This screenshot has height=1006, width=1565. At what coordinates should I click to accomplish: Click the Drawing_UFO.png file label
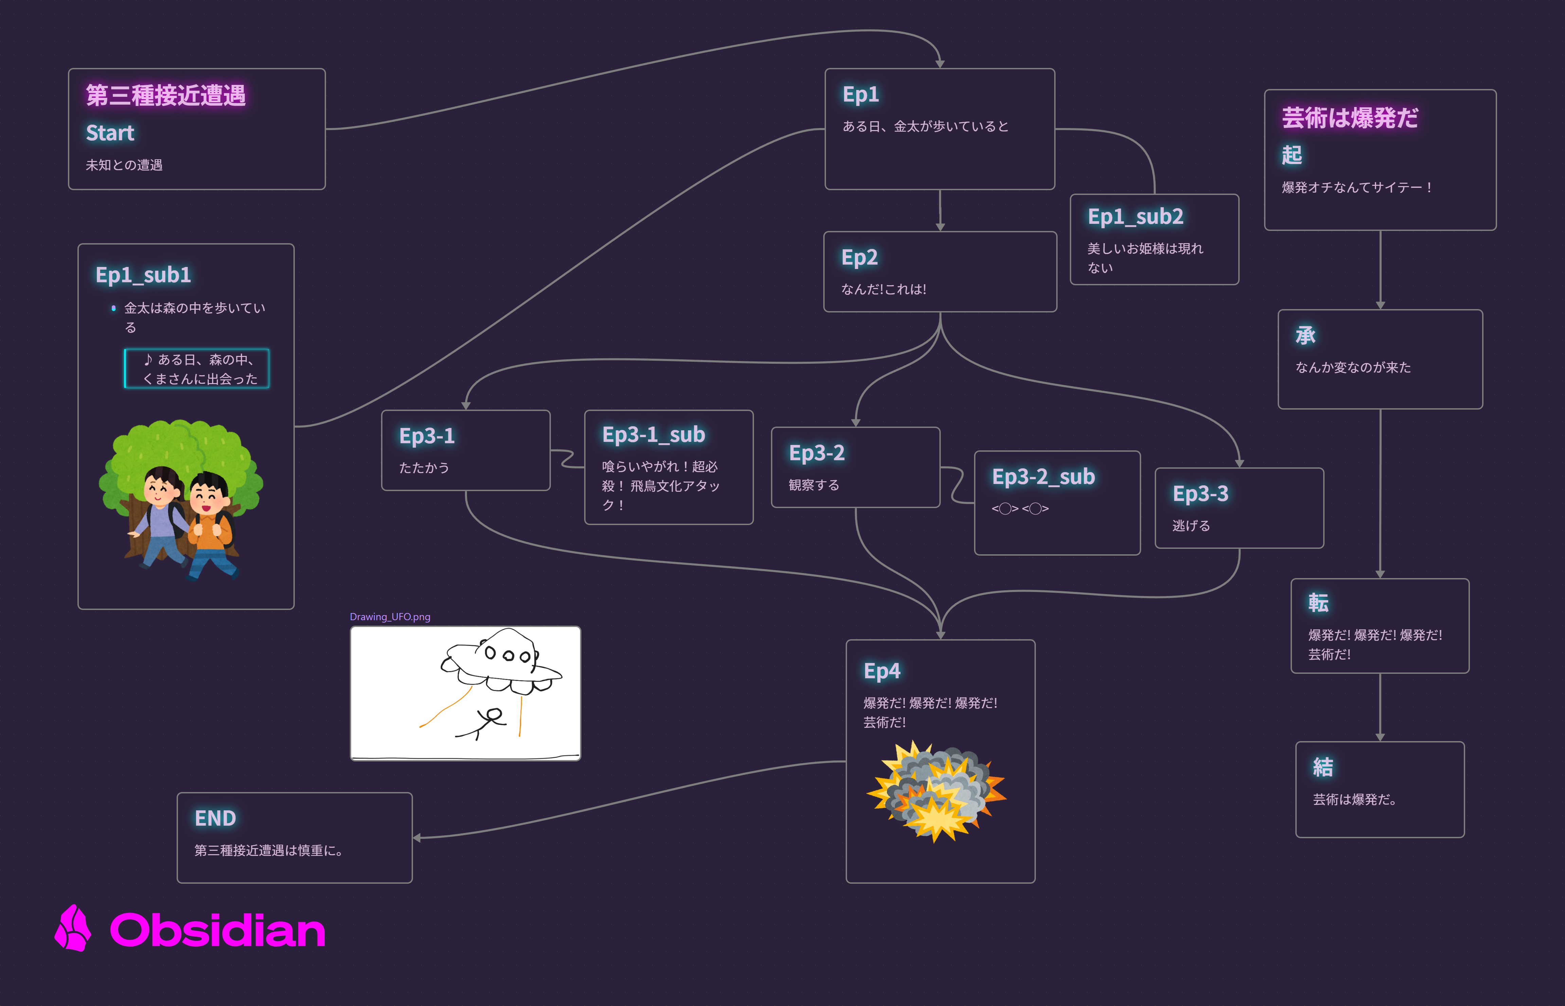point(390,617)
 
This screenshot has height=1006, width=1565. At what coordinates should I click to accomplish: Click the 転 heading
point(1318,603)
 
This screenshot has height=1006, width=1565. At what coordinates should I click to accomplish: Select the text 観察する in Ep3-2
point(814,485)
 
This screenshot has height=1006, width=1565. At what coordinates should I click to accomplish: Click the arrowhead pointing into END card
point(417,838)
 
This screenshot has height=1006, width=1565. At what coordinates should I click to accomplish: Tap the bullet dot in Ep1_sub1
point(114,308)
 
